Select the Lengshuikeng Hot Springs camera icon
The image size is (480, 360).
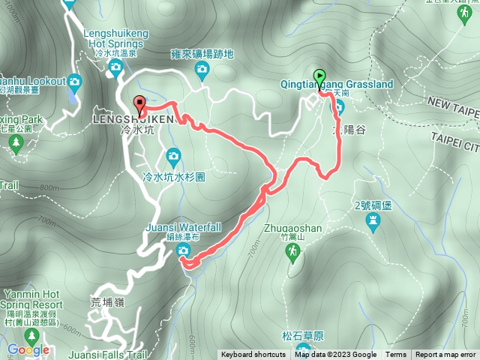[x=114, y=70]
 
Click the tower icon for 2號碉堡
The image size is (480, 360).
[x=373, y=220]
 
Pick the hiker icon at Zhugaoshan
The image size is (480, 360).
[x=291, y=255]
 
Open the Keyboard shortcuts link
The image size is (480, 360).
[x=253, y=355]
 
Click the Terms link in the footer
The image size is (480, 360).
[x=396, y=355]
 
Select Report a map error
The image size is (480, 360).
[x=445, y=355]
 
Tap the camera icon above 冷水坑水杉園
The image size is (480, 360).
[x=173, y=157]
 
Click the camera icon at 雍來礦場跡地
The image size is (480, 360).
[x=201, y=70]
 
